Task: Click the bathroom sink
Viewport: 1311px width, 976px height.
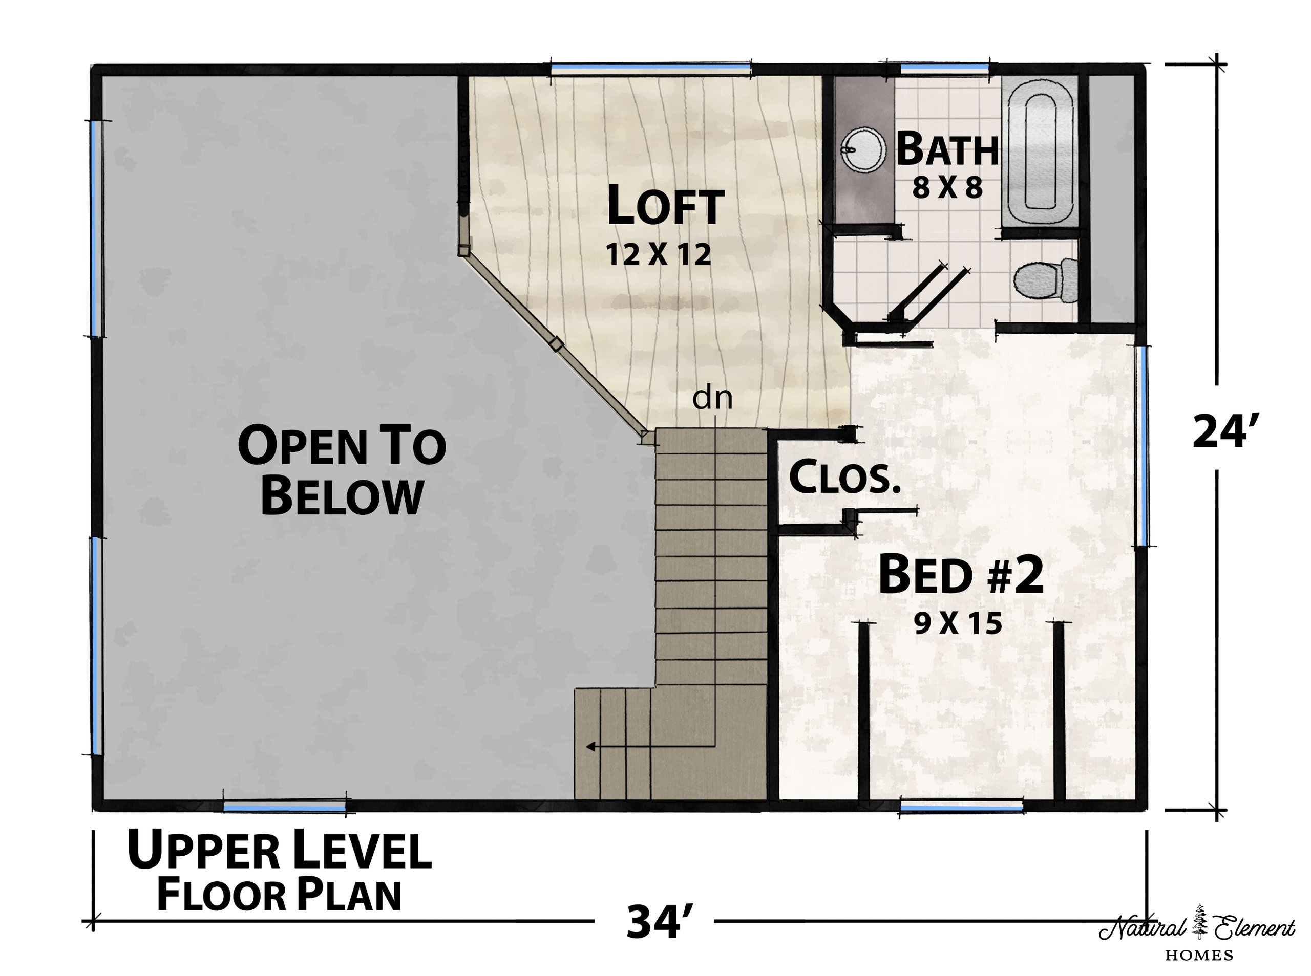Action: (x=863, y=149)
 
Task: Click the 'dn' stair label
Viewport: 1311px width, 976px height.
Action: (x=712, y=398)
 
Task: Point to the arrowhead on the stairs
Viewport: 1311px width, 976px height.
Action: (x=590, y=747)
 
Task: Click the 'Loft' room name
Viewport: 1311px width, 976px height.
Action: (x=666, y=206)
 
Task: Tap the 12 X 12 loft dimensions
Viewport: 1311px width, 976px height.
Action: (x=659, y=255)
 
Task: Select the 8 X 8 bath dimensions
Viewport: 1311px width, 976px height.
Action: (x=947, y=188)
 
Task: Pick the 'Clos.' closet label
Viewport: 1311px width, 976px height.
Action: (x=845, y=477)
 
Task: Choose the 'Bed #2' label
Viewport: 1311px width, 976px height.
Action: (x=961, y=575)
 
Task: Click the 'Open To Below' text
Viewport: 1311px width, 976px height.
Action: (x=342, y=470)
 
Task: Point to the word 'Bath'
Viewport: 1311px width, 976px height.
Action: (x=947, y=149)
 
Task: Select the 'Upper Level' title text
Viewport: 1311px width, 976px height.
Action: (x=280, y=850)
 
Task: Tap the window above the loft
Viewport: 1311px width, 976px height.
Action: (x=651, y=69)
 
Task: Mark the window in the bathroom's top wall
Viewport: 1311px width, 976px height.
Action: (x=944, y=69)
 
